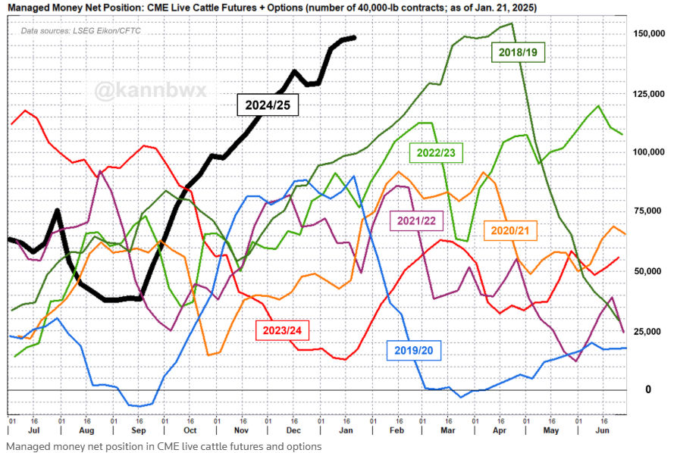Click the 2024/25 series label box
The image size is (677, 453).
tap(268, 105)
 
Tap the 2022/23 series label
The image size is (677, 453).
tap(436, 153)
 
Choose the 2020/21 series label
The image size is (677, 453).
tap(509, 229)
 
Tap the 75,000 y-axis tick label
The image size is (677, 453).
tap(651, 212)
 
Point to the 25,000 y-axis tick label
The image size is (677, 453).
tap(651, 330)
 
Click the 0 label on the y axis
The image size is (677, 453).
tap(648, 389)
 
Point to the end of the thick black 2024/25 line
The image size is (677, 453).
tap(354, 38)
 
